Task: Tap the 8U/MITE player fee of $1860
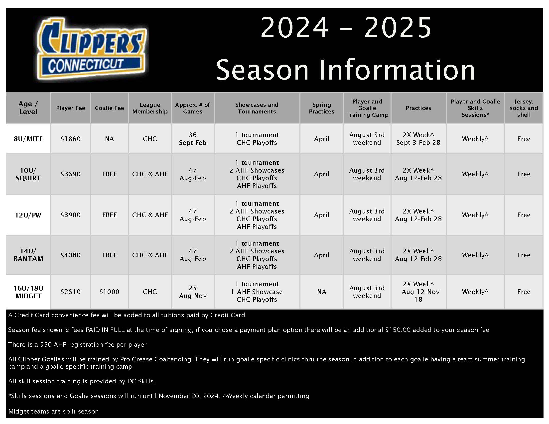pyautogui.click(x=70, y=139)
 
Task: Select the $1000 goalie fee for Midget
pyautogui.click(x=109, y=292)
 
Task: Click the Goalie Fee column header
pyautogui.click(x=109, y=108)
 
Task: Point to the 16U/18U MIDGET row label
pyautogui.click(x=28, y=292)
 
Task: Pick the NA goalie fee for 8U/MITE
pyautogui.click(x=109, y=139)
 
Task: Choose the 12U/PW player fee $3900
pyautogui.click(x=70, y=215)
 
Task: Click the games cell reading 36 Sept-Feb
pyautogui.click(x=193, y=139)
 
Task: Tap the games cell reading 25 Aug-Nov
pyautogui.click(x=193, y=292)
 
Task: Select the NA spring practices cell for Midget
pyautogui.click(x=321, y=292)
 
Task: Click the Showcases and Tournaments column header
pyautogui.click(x=257, y=108)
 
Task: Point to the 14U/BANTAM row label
pyautogui.click(x=28, y=255)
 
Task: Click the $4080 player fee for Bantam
pyautogui.click(x=70, y=255)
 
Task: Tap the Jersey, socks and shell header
pyautogui.click(x=524, y=108)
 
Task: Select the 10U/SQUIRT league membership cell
pyautogui.click(x=150, y=174)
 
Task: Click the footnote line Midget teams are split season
pyautogui.click(x=54, y=412)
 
